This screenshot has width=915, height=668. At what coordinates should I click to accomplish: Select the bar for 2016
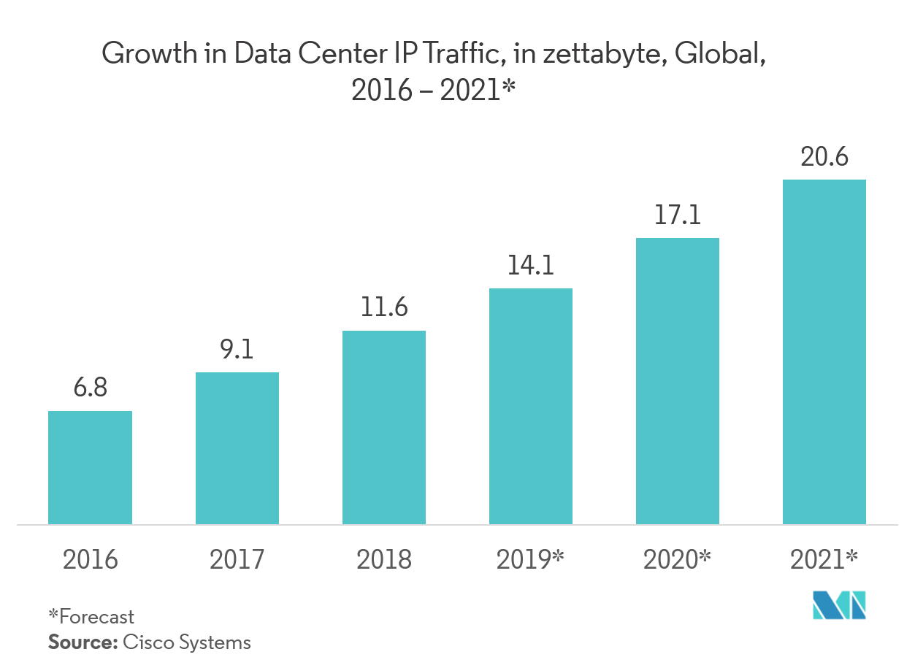tap(90, 467)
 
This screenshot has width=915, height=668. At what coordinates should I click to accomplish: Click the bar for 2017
tap(237, 448)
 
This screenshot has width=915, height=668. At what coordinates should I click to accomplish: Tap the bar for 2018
tap(384, 427)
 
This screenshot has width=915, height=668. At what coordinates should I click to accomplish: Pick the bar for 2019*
tap(531, 406)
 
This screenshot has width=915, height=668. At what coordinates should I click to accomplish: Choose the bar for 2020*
tap(678, 381)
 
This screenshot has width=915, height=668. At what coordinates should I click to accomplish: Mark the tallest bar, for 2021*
tap(824, 352)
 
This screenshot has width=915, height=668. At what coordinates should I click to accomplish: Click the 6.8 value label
tap(90, 388)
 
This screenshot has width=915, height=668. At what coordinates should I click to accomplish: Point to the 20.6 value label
tap(824, 156)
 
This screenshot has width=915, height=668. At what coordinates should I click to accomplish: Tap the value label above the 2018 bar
tap(384, 308)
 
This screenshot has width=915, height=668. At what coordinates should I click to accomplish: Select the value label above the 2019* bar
tap(531, 266)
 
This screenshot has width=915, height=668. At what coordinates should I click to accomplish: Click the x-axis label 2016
tap(90, 560)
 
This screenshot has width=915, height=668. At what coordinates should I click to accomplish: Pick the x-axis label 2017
tap(237, 560)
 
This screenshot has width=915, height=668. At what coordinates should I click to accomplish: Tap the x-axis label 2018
tap(384, 560)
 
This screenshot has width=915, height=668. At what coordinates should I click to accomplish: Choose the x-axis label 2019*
tap(531, 559)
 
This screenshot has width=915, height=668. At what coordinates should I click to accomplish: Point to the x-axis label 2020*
tap(678, 559)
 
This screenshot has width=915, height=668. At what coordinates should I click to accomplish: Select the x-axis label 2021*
tap(824, 559)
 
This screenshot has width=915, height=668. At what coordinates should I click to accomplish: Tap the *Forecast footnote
tap(91, 617)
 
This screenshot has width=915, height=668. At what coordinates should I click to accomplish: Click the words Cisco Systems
tap(186, 642)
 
